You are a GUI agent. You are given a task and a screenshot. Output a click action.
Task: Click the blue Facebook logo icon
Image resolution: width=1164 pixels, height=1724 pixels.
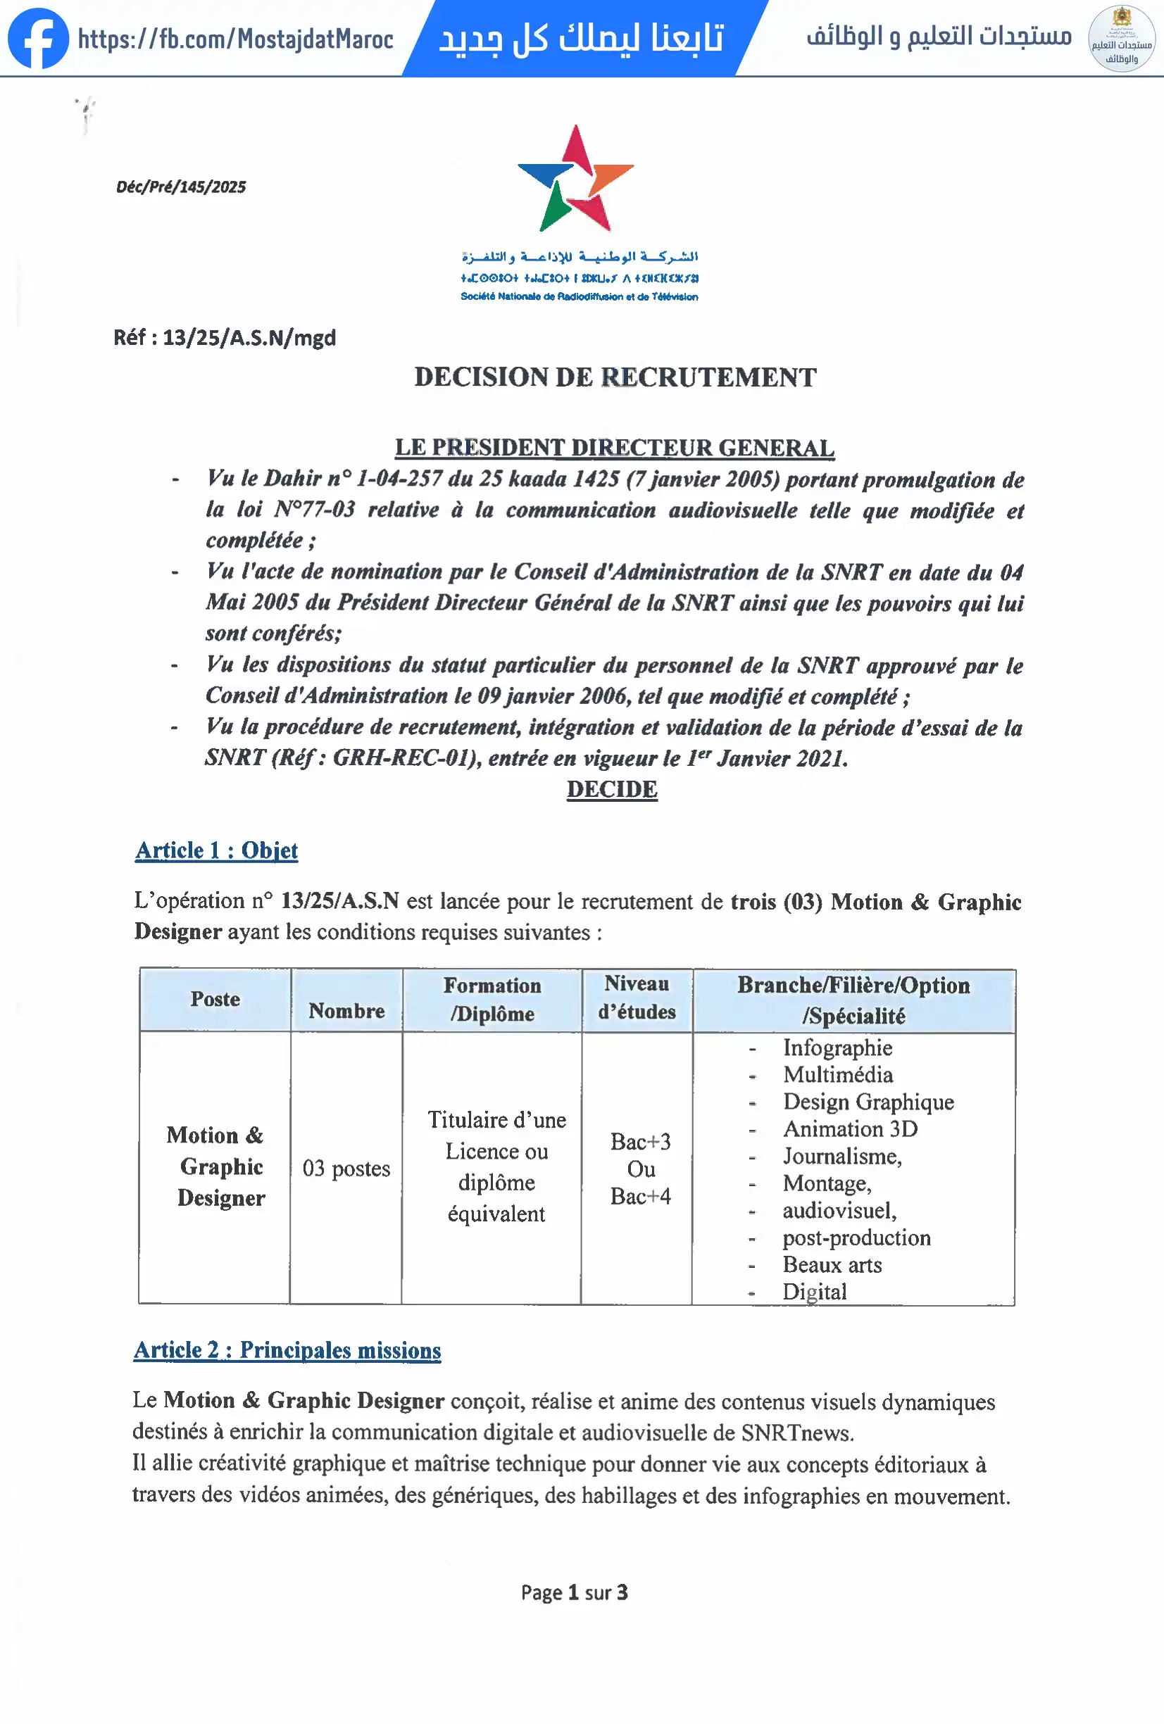37,39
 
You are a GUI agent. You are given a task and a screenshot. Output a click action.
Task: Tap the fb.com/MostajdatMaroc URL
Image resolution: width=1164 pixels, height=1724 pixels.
235,39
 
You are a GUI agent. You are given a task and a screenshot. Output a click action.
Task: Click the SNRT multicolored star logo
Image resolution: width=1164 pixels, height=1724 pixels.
576,180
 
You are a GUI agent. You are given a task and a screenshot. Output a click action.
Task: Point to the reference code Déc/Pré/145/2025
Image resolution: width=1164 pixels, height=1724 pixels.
181,187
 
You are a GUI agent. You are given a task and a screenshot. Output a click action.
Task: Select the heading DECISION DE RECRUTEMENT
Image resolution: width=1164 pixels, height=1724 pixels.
615,377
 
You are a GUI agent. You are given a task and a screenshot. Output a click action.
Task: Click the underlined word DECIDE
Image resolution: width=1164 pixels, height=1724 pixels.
612,789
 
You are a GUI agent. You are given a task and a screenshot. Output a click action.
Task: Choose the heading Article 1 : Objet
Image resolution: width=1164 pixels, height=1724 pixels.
217,850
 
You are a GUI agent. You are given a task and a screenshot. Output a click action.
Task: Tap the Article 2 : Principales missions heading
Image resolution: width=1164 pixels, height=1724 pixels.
287,1350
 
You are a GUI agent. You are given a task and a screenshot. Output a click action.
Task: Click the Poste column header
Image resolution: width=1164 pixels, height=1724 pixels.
215,999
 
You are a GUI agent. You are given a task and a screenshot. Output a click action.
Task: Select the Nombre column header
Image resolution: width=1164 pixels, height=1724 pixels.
346,1010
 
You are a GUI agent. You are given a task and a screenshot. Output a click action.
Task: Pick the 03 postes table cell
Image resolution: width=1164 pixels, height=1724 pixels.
346,1169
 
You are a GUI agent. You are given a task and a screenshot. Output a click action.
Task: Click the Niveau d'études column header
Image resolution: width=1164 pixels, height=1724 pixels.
637,998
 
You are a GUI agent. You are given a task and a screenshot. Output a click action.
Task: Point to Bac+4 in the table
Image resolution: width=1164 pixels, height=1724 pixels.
640,1196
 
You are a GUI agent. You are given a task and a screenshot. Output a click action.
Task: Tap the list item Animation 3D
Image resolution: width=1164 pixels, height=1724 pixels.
850,1129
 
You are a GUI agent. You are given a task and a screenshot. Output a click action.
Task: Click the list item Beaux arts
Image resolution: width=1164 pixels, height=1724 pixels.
832,1265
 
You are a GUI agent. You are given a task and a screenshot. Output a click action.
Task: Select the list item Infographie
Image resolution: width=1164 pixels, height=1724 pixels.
837,1047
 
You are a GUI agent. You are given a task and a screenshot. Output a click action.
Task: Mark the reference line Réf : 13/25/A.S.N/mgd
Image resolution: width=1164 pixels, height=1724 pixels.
225,339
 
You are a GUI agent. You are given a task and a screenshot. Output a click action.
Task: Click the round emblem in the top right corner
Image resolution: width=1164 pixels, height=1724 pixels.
1121,39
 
